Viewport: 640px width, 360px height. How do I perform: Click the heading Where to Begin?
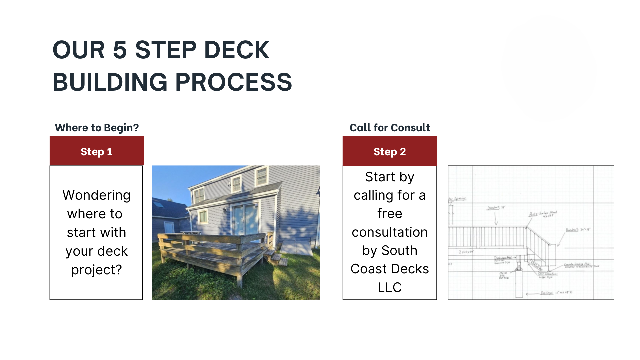[x=97, y=128]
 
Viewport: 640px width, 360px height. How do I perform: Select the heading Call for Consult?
[x=390, y=128]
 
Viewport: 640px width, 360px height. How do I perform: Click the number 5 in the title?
[x=120, y=50]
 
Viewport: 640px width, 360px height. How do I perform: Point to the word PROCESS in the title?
[x=233, y=82]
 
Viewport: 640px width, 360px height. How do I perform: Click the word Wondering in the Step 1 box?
[x=96, y=195]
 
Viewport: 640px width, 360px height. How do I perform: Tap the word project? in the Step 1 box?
[x=96, y=270]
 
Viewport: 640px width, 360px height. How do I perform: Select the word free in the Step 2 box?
[x=390, y=213]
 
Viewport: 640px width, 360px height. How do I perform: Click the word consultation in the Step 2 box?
[x=390, y=232]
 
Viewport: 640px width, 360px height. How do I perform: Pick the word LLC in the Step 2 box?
[x=390, y=287]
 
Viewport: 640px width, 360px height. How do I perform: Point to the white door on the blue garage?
[x=169, y=227]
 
